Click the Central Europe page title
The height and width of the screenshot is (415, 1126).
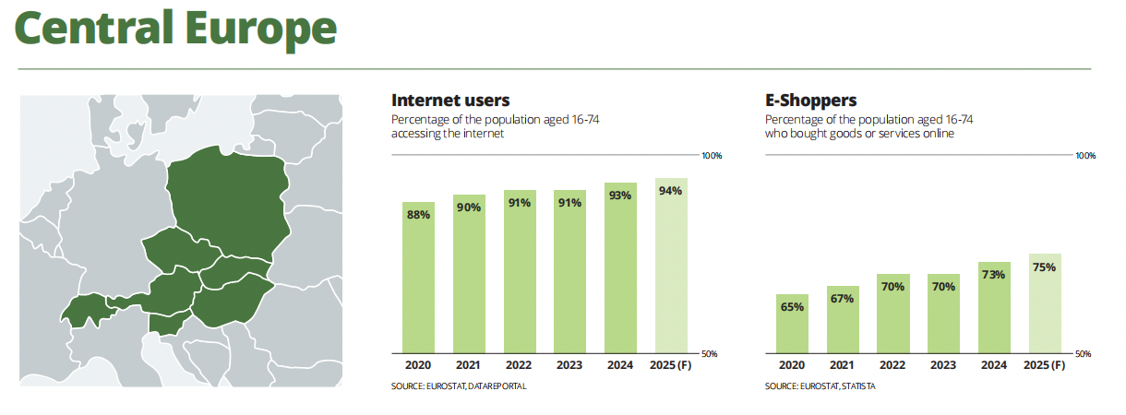[175, 30]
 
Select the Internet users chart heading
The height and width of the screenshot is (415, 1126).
[450, 101]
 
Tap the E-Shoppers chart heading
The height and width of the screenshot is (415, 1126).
[811, 101]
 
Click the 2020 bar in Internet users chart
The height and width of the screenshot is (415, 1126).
[418, 277]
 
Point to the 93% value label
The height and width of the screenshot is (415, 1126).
[620, 196]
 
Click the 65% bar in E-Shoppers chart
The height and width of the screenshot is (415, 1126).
[792, 324]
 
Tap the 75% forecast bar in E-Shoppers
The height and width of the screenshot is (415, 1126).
[1045, 303]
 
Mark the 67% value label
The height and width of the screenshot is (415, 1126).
[842, 298]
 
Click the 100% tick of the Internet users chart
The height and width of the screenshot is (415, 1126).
[712, 156]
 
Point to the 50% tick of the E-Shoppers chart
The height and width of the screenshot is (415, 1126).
[1085, 354]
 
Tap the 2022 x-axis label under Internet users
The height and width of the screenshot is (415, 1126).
[519, 366]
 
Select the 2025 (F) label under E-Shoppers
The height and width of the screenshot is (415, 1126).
[1045, 366]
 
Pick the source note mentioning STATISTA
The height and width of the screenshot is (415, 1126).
[820, 386]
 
